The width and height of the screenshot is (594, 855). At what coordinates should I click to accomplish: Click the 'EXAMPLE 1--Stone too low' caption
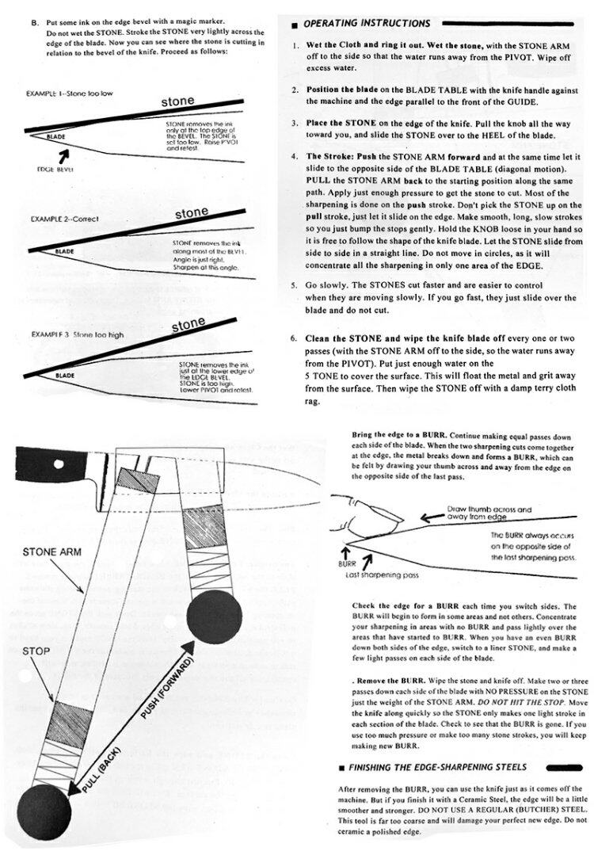click(x=68, y=94)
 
